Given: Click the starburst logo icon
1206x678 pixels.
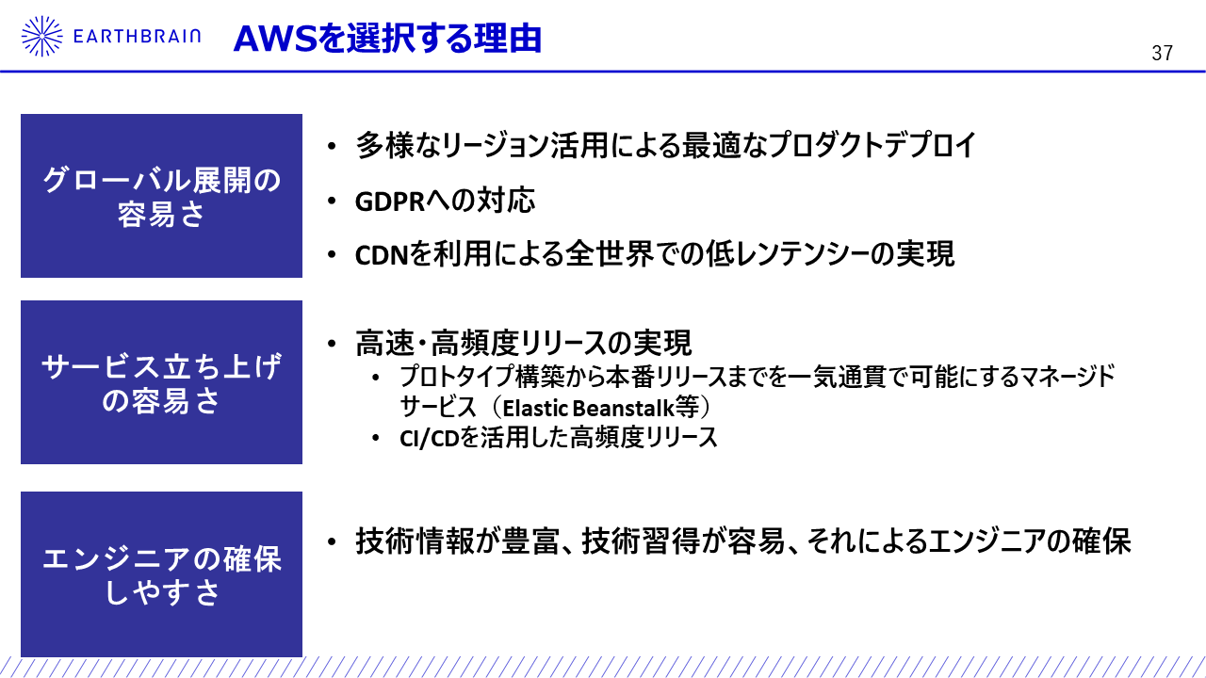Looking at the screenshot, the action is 42,36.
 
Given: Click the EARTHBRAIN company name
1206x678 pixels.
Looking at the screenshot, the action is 137,37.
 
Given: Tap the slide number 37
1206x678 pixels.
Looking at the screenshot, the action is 1162,53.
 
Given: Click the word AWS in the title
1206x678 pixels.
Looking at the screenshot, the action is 275,39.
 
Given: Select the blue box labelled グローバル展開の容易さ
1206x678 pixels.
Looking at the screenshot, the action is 161,196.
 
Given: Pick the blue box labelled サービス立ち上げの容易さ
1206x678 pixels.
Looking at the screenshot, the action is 161,382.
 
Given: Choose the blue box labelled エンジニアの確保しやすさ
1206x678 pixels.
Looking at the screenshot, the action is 161,574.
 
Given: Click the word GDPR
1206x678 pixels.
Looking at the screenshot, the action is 390,202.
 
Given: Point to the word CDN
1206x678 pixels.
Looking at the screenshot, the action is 383,255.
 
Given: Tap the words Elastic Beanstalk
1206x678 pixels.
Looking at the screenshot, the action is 589,409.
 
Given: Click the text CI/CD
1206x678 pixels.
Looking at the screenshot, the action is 429,439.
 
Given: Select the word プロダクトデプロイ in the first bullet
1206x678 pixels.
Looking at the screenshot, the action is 872,145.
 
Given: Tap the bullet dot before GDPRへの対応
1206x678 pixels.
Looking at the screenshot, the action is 332,202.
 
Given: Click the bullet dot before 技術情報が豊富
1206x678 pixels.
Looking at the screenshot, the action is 332,541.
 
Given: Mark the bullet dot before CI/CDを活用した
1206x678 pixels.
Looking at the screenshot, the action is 376,439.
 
